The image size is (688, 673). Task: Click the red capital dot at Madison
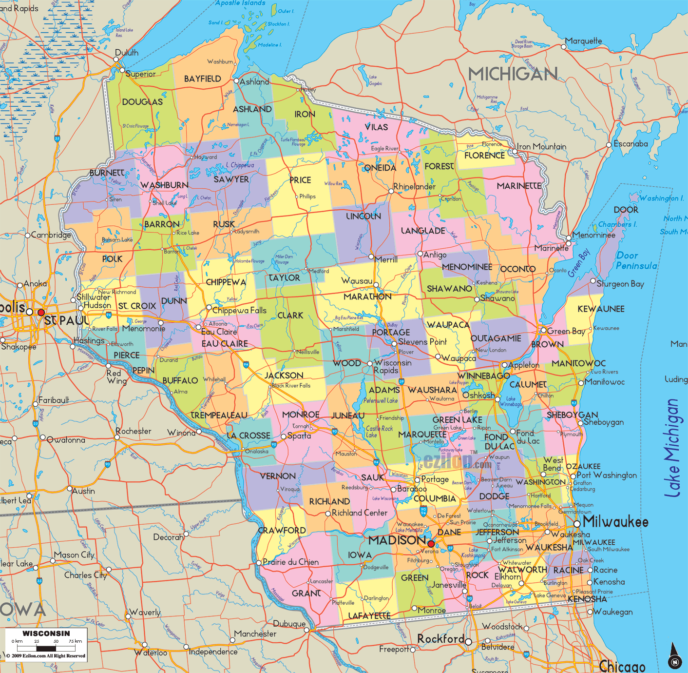point(431,544)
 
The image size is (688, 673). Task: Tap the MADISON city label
point(397,540)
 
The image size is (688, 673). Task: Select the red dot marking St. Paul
point(41,312)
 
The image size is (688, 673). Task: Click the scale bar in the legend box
point(47,648)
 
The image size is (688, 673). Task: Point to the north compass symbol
point(674,656)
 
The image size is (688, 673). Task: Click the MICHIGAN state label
point(513,74)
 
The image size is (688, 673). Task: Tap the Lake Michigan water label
point(672,449)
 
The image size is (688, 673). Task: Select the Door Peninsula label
point(636,261)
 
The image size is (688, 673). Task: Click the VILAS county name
point(377,127)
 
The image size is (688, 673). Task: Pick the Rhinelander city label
point(414,187)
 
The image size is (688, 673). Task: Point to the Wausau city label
point(357,281)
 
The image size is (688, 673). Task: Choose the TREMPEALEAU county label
point(219,416)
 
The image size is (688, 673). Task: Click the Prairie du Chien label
point(290,562)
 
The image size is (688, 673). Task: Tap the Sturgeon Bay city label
point(620,284)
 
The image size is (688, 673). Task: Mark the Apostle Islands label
point(240,3)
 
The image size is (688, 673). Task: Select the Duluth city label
point(127,53)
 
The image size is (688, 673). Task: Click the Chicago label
point(622,666)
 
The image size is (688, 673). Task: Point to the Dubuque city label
point(289,624)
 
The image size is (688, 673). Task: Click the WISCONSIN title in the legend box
point(46,633)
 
